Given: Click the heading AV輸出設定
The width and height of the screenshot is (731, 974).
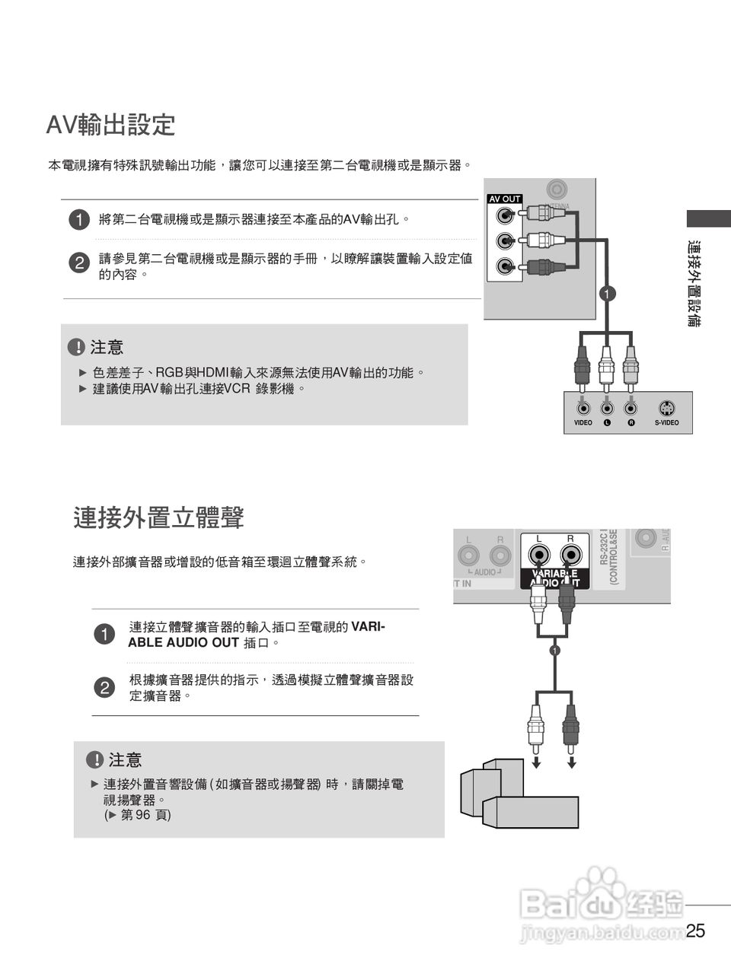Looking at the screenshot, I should (x=111, y=125).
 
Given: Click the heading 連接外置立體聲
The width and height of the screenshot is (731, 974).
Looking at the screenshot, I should (x=159, y=517).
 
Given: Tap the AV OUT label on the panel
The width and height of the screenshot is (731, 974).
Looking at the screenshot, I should (x=504, y=199).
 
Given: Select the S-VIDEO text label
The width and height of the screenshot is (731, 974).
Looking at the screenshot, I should (x=666, y=423).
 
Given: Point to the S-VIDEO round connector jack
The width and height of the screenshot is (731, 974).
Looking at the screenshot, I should (x=666, y=406).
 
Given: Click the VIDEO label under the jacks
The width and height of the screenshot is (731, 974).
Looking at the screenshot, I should (x=583, y=423).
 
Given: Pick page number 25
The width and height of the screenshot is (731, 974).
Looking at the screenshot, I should (x=695, y=931).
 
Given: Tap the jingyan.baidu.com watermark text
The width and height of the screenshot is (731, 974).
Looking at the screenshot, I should (x=602, y=932).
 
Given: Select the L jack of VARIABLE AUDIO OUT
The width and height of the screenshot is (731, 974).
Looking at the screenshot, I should (x=538, y=553).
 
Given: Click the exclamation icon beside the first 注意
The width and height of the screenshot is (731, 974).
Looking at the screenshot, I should (x=76, y=348).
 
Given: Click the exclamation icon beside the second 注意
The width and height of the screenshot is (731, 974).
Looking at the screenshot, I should (x=94, y=760).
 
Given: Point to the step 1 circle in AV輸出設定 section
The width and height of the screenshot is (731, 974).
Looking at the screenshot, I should (x=78, y=221).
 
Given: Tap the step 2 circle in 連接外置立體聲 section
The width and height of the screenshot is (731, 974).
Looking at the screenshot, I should (x=104, y=688).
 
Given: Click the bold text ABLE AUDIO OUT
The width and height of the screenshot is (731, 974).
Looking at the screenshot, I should (x=184, y=642).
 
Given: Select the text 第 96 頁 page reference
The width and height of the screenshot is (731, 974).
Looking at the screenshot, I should (x=138, y=815).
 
